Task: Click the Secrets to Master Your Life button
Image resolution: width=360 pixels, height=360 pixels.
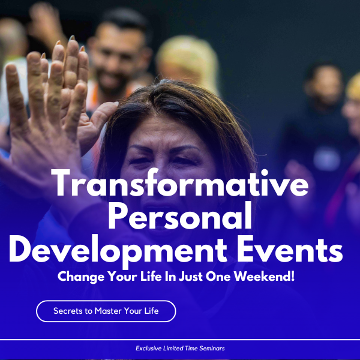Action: pyautogui.click(x=106, y=311)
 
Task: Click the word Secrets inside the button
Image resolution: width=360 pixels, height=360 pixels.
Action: pyautogui.click(x=68, y=311)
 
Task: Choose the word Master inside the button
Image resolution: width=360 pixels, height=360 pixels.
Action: pyautogui.click(x=109, y=311)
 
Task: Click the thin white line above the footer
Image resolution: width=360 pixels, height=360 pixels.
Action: pyautogui.click(x=180, y=340)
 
